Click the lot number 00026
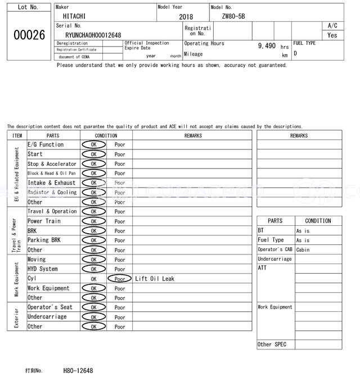point(29,35)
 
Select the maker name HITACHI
point(75,17)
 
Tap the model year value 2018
point(186,17)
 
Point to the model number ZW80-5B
point(233,17)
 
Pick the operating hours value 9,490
point(267,46)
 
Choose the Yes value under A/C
point(332,35)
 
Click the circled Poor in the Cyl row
point(120,279)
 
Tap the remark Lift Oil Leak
point(155,279)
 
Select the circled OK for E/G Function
point(93,145)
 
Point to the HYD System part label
point(43,269)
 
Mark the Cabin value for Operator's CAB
point(303,250)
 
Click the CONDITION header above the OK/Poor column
point(106,135)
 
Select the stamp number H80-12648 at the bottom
point(78,371)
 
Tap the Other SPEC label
point(272,344)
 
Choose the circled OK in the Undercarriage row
point(93,317)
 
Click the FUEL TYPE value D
point(295,53)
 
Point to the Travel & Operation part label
point(52,212)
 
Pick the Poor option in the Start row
point(120,154)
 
